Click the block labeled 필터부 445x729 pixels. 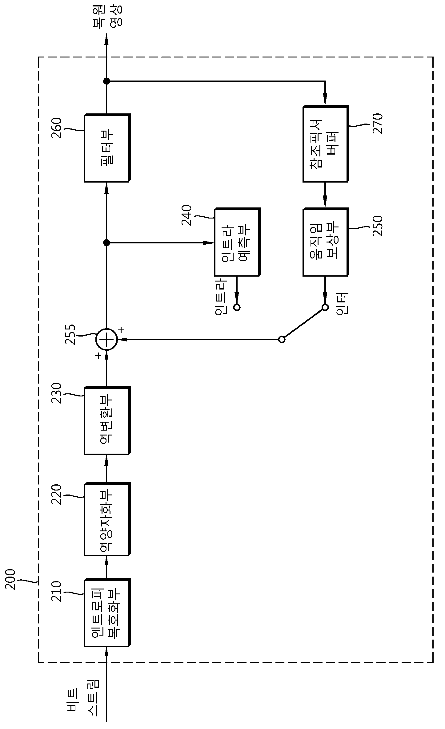click(107, 148)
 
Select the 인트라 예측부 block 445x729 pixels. click(237, 242)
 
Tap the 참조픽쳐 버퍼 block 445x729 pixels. click(326, 144)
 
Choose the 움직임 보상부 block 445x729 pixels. click(326, 242)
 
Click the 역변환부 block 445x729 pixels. click(107, 420)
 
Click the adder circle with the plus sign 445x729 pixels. click(106, 339)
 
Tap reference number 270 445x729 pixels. click(378, 123)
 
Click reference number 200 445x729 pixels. click(10, 579)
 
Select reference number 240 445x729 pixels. click(186, 215)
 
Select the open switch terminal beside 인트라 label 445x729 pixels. click(237, 307)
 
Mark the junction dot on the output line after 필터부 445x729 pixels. click(106, 81)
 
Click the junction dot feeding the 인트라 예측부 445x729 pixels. click(106, 243)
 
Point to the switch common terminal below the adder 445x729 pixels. click(282, 339)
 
